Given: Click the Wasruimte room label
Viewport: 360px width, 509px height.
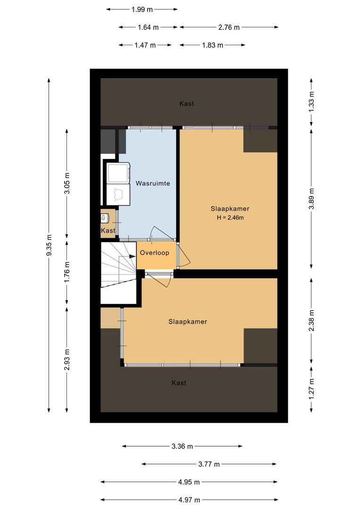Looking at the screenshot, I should pos(153,183).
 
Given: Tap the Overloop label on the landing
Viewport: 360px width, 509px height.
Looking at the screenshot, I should pos(154,253).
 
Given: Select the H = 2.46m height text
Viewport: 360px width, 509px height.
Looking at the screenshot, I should pos(230,218).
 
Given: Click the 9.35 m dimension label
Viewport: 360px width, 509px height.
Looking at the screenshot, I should pos(49,245).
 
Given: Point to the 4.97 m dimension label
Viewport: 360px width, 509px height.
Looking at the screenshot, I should pos(188,500).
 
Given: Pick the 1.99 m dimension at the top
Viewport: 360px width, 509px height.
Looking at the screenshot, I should pos(142,9).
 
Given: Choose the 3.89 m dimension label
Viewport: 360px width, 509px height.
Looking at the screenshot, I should pos(311,198).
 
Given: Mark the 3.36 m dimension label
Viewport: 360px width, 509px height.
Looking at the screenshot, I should pos(182,446).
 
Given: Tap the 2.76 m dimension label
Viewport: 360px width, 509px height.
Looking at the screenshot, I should pos(229,27).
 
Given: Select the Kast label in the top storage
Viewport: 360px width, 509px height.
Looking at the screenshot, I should pos(187,104).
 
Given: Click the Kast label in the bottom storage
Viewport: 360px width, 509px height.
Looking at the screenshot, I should pos(179,383).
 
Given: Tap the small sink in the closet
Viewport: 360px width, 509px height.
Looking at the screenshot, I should pos(104,218).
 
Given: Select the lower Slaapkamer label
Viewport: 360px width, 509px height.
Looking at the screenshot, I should pos(188,322).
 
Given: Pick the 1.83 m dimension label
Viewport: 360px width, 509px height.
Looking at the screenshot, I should pos(213,45).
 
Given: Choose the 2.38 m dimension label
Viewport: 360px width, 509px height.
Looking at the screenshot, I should pos(311,320).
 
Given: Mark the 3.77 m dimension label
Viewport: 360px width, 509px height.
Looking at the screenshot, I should pos(209,464).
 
